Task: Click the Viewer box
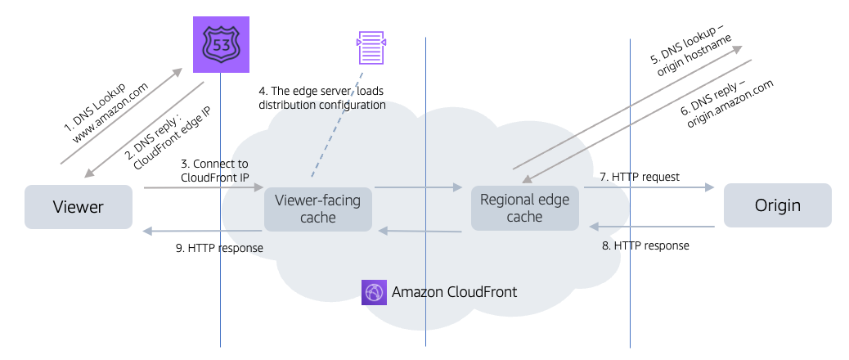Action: point(79,206)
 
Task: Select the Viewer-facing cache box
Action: point(317,208)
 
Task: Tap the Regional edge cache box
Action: point(524,208)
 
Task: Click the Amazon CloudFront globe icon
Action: point(374,292)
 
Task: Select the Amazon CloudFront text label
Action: point(454,292)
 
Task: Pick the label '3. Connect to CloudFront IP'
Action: point(214,170)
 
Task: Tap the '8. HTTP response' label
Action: point(650,245)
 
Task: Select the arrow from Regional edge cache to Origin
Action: point(646,188)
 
